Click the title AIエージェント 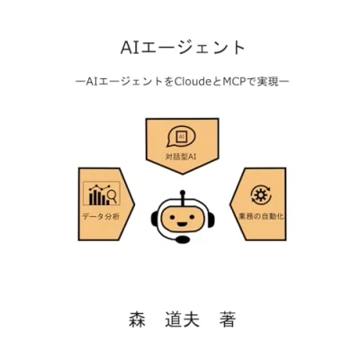(x=183, y=48)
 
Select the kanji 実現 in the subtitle (x=268, y=82)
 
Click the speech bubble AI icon (x=181, y=138)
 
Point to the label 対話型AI (x=181, y=157)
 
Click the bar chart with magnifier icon (x=102, y=193)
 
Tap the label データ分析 (x=101, y=217)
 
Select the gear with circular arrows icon (x=261, y=195)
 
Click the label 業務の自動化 (x=261, y=216)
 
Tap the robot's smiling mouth (x=182, y=223)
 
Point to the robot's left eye (x=173, y=216)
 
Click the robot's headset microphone (x=183, y=239)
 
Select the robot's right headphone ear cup (x=211, y=220)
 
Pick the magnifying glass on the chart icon (x=112, y=197)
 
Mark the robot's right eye (x=191, y=216)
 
